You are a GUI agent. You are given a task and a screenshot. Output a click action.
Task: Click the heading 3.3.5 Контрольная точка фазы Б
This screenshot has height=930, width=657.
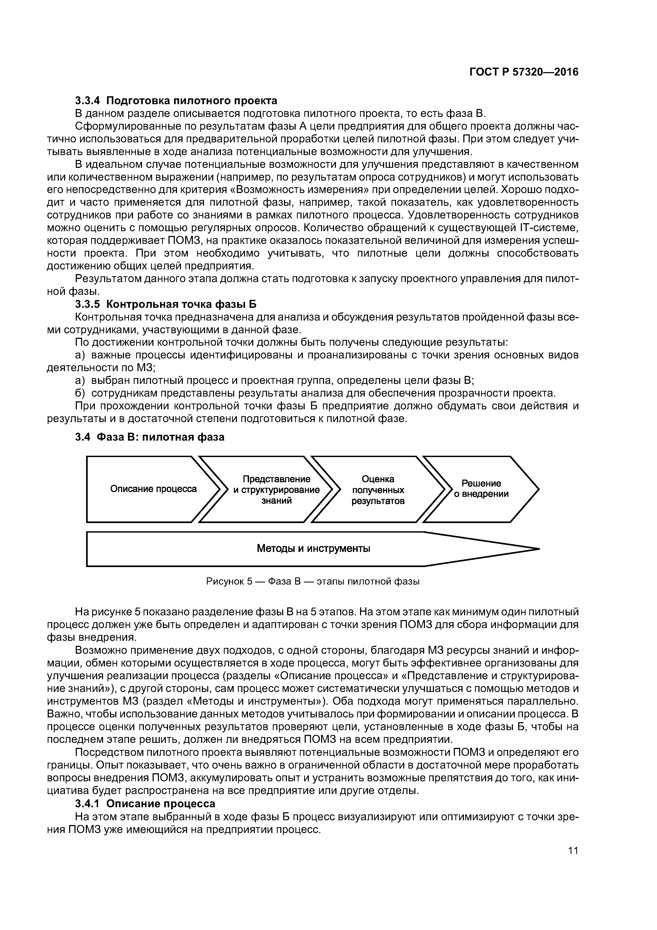pos(166,304)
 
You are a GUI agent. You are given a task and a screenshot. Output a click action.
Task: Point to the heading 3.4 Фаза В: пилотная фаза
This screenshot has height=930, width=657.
pos(150,437)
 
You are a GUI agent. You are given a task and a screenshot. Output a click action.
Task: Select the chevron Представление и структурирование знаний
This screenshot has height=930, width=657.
pos(277,490)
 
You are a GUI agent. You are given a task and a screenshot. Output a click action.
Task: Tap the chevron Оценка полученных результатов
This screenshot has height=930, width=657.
pos(378,490)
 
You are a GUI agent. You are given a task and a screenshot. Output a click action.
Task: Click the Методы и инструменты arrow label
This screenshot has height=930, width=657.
pos(313,549)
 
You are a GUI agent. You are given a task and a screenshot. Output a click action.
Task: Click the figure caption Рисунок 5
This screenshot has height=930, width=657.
pos(313,582)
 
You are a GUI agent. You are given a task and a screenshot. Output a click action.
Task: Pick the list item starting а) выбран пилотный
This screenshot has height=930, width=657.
pos(275,380)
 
